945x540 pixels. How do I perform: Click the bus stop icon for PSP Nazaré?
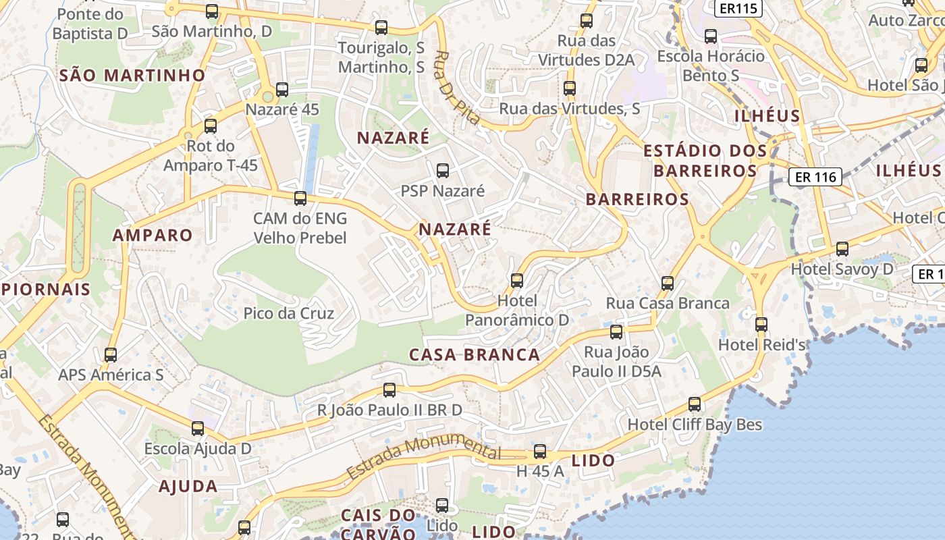[x=443, y=171]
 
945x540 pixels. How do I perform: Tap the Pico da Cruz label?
[x=288, y=313]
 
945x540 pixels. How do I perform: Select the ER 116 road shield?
[x=815, y=177]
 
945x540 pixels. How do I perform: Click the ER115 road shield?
[x=738, y=8]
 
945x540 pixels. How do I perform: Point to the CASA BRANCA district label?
[x=475, y=354]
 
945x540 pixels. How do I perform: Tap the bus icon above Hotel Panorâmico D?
[x=517, y=280]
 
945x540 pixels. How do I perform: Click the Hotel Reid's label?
[x=762, y=345]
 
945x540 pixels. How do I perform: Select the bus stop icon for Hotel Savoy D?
[x=842, y=249]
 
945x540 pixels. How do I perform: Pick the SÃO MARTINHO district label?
[x=132, y=75]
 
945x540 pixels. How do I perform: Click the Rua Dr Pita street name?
[x=456, y=88]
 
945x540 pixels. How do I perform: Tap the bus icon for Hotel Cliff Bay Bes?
[x=695, y=404]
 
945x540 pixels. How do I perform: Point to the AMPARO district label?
[x=153, y=235]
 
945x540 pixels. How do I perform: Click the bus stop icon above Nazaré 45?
[x=282, y=90]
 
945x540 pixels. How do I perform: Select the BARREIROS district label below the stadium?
[x=637, y=199]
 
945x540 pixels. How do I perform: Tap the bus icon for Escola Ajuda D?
[x=198, y=429]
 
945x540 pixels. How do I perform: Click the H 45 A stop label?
[x=539, y=471]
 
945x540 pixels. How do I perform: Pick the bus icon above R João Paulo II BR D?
[x=389, y=390]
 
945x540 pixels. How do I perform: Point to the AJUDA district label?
[x=188, y=486]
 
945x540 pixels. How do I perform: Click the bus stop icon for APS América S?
[x=111, y=355]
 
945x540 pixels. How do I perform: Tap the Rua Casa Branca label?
[x=667, y=303]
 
